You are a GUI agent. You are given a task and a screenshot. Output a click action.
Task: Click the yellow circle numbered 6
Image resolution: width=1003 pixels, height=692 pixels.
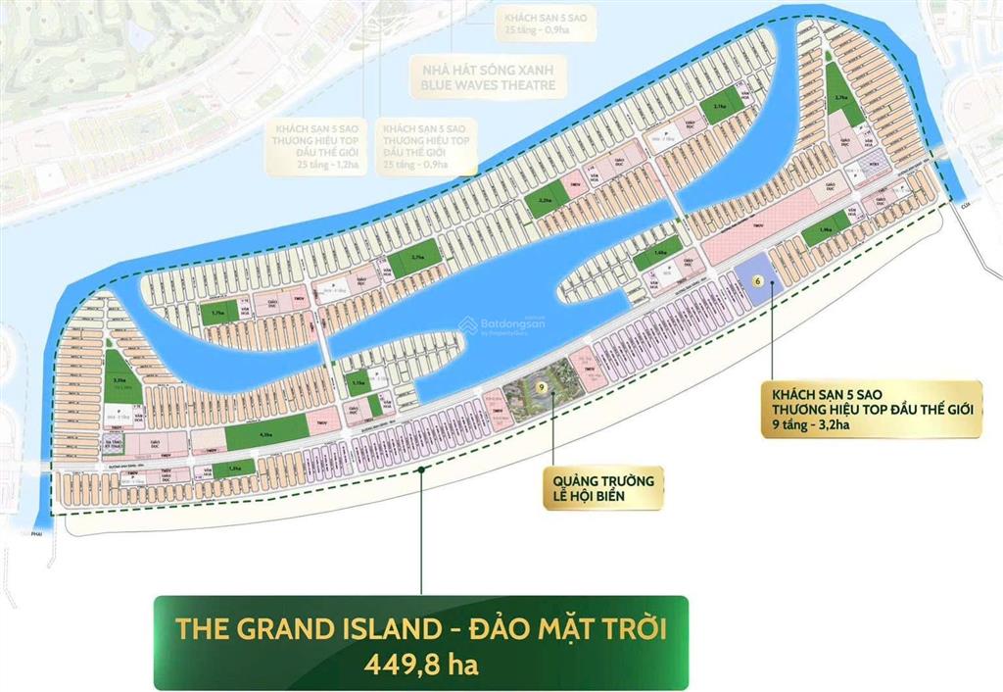756,279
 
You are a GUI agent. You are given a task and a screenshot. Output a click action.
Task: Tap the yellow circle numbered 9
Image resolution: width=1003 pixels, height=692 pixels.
541,389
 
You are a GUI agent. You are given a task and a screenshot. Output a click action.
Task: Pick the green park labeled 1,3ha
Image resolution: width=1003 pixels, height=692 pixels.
233,470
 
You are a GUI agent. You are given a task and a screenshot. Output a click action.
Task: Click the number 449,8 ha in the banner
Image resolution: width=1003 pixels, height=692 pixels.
420,664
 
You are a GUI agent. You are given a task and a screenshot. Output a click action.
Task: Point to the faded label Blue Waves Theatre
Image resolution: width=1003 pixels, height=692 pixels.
487,85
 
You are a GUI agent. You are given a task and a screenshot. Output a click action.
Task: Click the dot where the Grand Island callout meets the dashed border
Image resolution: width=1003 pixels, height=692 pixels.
420,470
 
